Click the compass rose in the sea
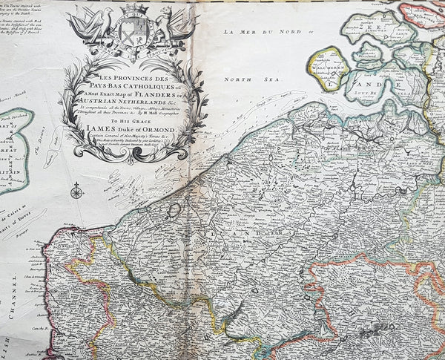click(x=76, y=191)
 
